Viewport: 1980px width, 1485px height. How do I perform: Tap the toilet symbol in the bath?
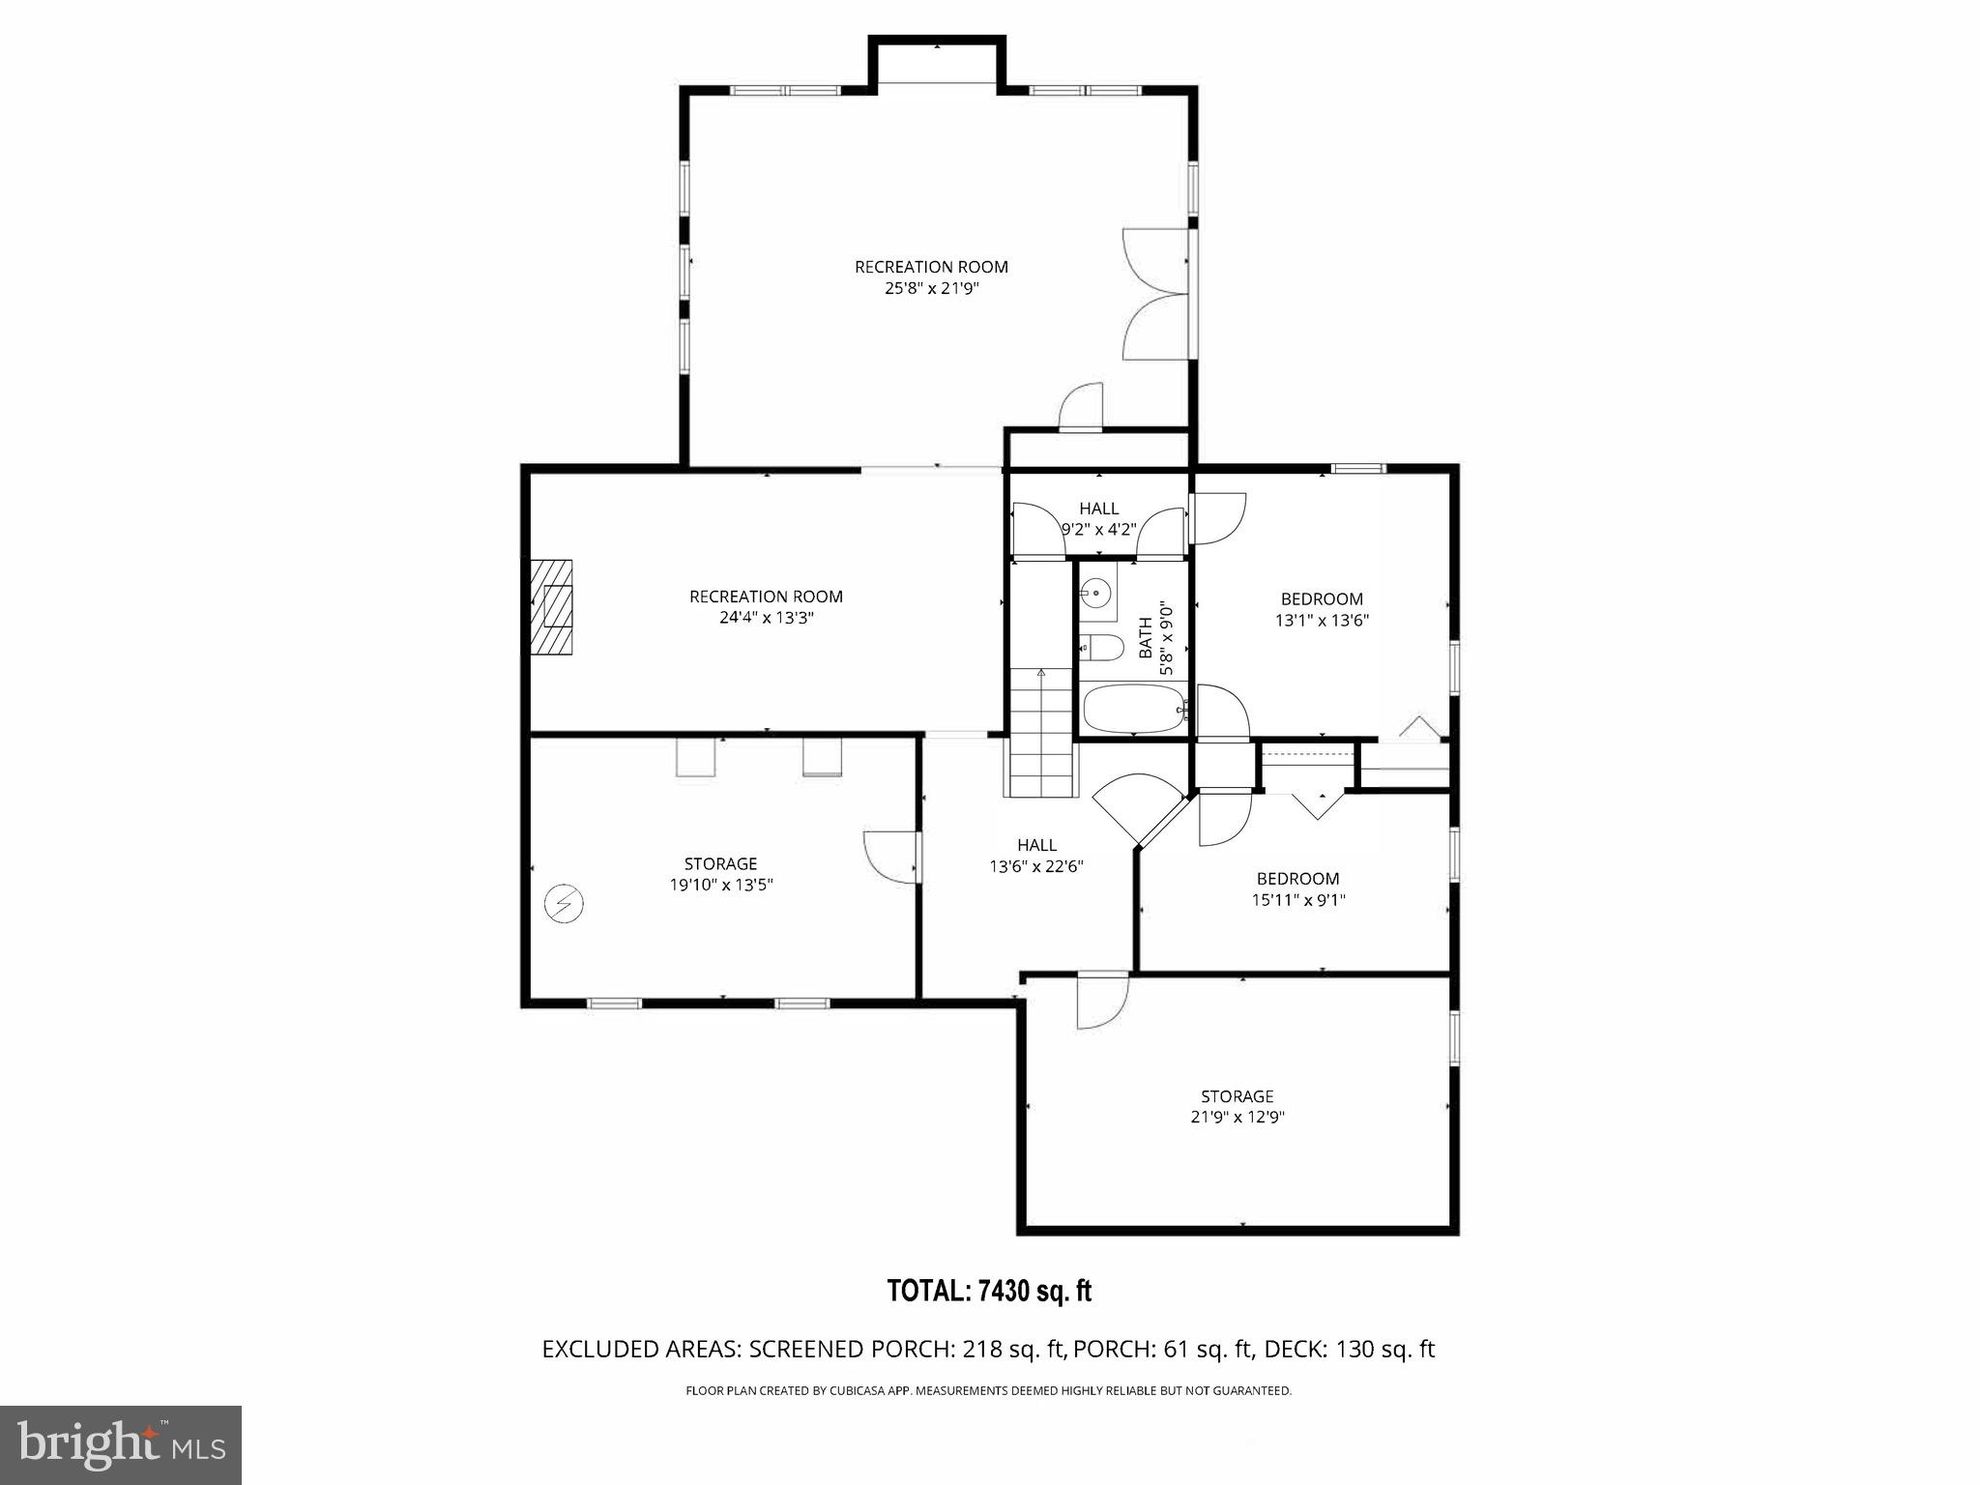click(x=1102, y=646)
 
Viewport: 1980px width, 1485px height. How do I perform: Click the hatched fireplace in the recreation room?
click(x=550, y=607)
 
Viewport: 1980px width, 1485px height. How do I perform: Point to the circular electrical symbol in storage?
click(x=564, y=904)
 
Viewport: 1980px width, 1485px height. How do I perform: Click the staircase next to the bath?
click(x=1042, y=731)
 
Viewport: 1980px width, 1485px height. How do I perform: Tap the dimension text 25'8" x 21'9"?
click(x=931, y=288)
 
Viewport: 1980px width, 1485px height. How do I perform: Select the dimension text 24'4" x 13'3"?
click(x=766, y=618)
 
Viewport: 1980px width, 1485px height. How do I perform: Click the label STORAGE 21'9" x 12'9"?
click(x=1237, y=1106)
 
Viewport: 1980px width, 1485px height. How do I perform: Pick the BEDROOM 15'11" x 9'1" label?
click(x=1297, y=888)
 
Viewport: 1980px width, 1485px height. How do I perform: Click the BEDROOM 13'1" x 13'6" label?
click(x=1322, y=609)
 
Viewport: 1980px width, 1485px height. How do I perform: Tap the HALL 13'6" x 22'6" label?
click(x=1036, y=855)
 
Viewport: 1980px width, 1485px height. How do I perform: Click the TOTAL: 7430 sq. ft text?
click(x=989, y=1291)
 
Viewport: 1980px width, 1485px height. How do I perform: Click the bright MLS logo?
click(x=121, y=1445)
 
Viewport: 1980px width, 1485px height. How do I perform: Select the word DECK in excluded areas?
click(x=1294, y=1349)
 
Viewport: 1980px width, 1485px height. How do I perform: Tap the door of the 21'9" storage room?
click(x=1101, y=1002)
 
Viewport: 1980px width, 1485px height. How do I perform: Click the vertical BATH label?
click(x=1146, y=638)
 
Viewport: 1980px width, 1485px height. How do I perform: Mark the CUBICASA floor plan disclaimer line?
click(x=988, y=1391)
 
